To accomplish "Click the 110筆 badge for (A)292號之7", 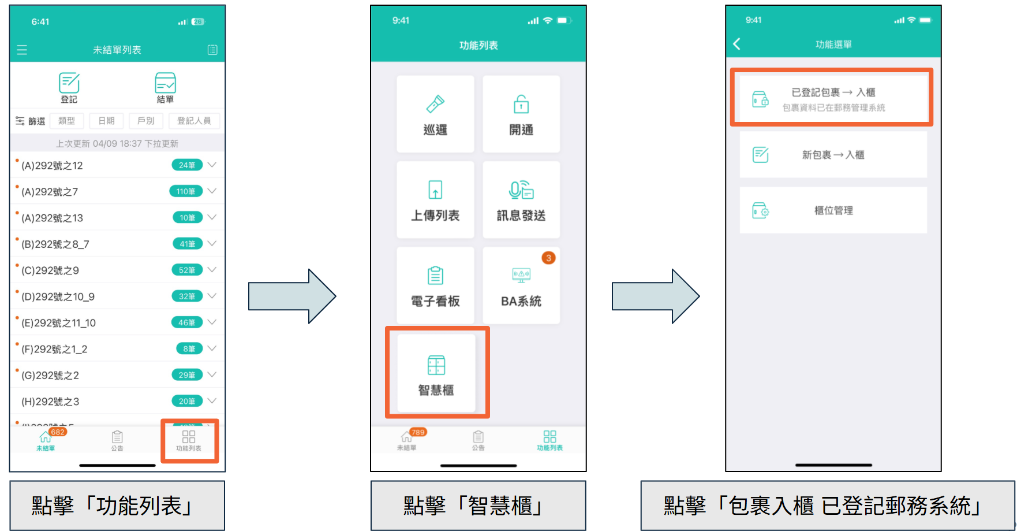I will tap(186, 191).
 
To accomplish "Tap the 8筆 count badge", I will tap(189, 349).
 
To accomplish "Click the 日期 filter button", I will tap(106, 121).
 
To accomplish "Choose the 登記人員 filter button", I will tap(194, 121).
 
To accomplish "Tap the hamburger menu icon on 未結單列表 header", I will tap(22, 50).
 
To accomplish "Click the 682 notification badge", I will tap(58, 432).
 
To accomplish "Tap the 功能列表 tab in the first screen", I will tap(189, 441).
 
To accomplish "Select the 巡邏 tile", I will tap(435, 114).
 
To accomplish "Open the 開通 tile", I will tap(521, 114).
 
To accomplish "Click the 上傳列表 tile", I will tap(435, 200).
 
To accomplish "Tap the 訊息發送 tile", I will tap(521, 200).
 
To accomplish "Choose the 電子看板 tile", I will tap(435, 285).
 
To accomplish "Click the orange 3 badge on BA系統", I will tap(548, 258).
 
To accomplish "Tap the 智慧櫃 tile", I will tap(436, 373).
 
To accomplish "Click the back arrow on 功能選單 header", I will tap(737, 44).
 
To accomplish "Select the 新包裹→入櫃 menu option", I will tap(833, 155).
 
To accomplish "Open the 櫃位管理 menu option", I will tap(833, 210).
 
